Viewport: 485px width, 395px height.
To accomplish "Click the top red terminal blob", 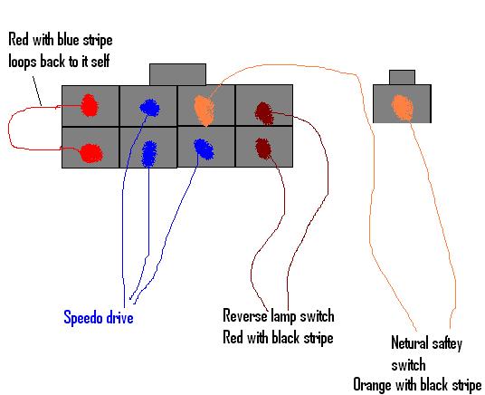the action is (90, 106).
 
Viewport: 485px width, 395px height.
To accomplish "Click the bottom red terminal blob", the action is (91, 153).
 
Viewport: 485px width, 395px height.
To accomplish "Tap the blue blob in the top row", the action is (149, 108).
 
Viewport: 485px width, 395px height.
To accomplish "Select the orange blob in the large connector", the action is (204, 110).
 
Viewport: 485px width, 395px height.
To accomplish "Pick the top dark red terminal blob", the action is (264, 113).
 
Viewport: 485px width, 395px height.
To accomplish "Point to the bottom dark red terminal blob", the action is (263, 149).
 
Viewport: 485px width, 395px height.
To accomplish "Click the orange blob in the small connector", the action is (403, 108).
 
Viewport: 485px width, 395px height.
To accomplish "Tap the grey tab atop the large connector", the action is (177, 74).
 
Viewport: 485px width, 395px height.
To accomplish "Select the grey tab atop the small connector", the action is (402, 77).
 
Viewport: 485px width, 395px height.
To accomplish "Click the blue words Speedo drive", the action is (99, 318).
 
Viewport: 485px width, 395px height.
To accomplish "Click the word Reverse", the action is (245, 315).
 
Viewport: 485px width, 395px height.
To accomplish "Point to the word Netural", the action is (409, 342).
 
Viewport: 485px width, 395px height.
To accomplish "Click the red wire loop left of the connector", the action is (9, 129).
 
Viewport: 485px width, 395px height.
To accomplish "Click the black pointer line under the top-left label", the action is (37, 91).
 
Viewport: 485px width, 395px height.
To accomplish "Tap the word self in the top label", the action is (100, 60).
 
